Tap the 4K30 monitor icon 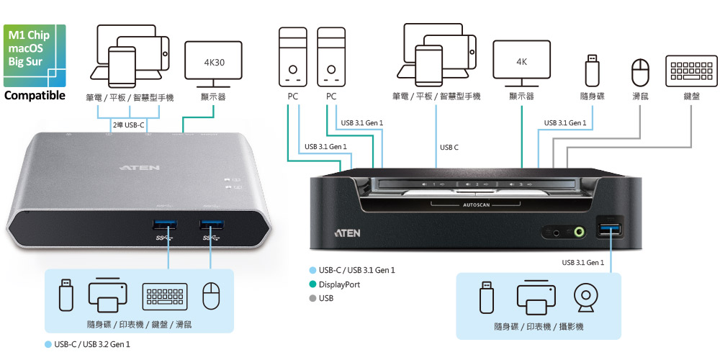tap(214, 63)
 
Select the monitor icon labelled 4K tap(521, 63)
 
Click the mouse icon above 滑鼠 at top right tap(640, 72)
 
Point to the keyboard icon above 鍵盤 tap(691, 71)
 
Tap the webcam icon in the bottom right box tap(588, 298)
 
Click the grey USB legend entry tap(326, 298)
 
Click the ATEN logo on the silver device tap(135, 167)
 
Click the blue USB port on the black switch tap(611, 230)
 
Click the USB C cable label tap(449, 148)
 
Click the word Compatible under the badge tap(35, 95)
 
